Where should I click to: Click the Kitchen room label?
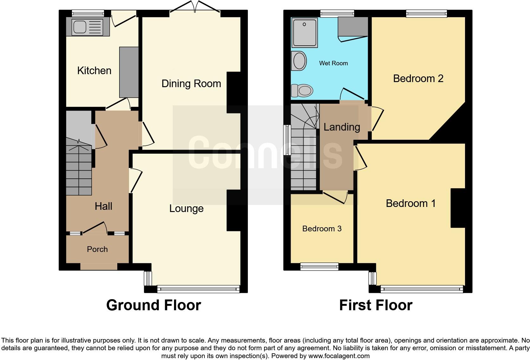94,70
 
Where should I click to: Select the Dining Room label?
191,84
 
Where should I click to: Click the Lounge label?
186,209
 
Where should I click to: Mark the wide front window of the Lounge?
198,288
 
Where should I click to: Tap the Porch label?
97,249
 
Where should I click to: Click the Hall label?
103,206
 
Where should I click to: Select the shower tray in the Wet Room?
305,33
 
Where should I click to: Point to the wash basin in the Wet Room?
299,61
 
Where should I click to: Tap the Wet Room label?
333,63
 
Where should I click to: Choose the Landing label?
342,127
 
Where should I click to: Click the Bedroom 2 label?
418,79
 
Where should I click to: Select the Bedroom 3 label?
322,229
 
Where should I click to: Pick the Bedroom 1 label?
410,203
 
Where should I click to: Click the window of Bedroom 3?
320,267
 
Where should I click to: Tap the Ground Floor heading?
154,305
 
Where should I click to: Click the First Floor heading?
376,305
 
